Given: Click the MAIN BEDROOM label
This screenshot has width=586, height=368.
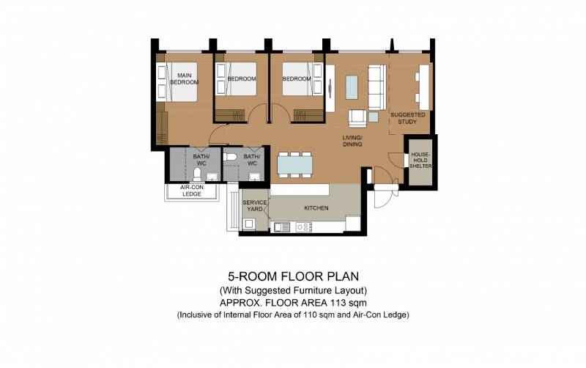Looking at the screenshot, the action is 184,78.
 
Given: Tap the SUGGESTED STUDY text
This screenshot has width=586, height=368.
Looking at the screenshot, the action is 408,118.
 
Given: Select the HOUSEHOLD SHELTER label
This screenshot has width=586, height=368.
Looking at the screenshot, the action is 420,160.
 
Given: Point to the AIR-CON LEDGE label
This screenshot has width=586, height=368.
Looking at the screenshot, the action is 192,191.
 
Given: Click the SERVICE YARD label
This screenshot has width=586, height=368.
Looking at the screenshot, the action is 255,206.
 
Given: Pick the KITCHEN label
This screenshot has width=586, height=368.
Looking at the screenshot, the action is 316,208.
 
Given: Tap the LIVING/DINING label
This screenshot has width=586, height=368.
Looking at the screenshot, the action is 352,141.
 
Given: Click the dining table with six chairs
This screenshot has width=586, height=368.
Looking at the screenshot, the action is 295,164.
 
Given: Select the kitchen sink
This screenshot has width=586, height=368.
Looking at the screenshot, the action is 282,227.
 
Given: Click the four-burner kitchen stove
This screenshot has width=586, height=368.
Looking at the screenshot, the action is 303,227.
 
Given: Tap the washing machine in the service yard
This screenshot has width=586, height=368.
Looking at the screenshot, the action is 248,224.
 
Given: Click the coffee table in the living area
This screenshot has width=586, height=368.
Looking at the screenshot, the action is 352,87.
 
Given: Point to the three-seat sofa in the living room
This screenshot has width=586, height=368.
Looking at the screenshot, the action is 377,87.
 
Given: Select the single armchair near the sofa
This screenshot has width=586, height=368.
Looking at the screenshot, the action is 357,119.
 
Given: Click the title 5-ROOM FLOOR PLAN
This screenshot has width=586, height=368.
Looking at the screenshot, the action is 294,276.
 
